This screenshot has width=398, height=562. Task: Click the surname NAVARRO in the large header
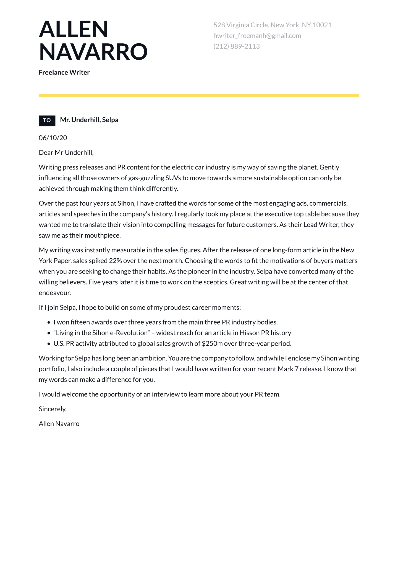93,52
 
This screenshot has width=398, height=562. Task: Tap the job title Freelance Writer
64,72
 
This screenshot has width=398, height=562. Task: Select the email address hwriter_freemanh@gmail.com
257,36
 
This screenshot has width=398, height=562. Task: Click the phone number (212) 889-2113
237,46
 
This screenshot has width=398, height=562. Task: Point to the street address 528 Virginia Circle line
272,25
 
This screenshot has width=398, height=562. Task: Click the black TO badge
47,120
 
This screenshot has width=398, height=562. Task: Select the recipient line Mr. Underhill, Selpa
89,120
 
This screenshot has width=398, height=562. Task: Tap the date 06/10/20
53,138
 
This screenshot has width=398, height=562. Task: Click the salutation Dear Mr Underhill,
66,152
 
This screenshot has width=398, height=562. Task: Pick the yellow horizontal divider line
199,96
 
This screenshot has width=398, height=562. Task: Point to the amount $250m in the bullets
212,343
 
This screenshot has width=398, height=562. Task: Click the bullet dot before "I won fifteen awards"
49,322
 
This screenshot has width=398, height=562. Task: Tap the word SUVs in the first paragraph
173,178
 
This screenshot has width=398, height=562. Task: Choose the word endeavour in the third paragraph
55,293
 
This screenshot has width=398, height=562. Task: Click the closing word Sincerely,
53,409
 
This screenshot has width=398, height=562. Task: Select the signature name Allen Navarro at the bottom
59,423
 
